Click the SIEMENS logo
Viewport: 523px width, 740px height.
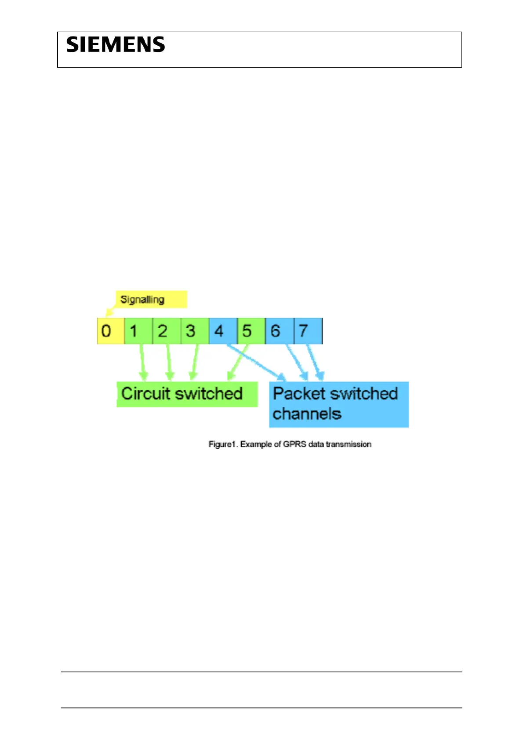pos(116,45)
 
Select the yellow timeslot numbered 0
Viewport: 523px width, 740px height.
pos(106,331)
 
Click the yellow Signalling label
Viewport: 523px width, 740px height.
pos(142,300)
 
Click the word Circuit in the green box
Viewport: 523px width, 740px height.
pos(145,393)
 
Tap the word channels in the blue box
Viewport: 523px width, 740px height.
pos(307,414)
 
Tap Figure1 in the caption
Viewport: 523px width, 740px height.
pos(223,444)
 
